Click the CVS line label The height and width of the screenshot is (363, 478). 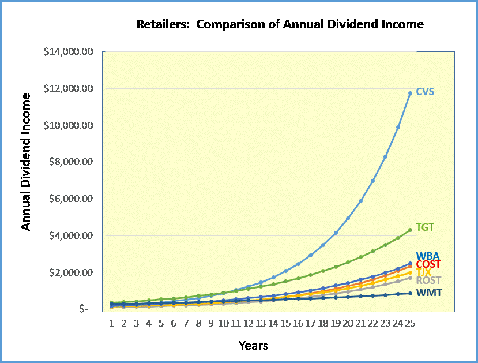pos(425,92)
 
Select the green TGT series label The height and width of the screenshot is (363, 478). pos(425,227)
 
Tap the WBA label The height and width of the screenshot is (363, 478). pos(428,256)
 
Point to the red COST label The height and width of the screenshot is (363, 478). pos(428,264)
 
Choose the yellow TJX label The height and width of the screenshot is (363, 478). pos(424,272)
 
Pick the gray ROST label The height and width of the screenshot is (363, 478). pos(428,280)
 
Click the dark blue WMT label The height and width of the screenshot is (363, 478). pos(429,293)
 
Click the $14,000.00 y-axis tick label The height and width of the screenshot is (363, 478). pos(68,51)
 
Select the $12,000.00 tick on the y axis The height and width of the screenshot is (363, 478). pos(68,88)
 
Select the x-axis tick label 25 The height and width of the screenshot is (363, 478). pos(410,323)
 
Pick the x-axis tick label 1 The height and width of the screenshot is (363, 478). pos(111,323)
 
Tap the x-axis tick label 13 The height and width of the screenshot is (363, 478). pos(261,323)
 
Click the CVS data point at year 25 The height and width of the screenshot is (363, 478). pos(410,93)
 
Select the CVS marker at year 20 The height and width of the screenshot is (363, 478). pos(348,218)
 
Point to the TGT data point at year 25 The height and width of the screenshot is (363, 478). pos(410,230)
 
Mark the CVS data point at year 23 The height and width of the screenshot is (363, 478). pos(385,156)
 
